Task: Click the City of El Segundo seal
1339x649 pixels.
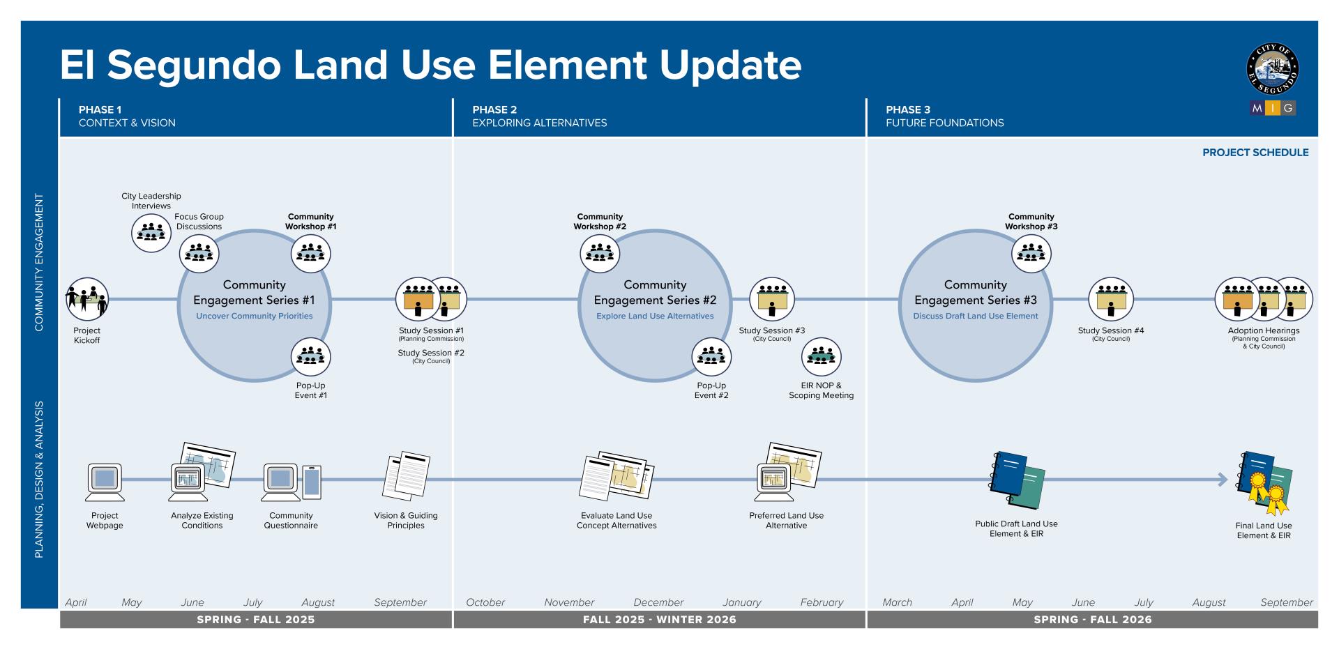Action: pos(1272,70)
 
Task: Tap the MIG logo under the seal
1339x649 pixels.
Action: pos(1272,108)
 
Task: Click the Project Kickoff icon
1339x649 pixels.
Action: pos(87,299)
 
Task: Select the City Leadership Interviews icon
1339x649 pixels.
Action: pos(151,233)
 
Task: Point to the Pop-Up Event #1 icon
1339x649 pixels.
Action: pos(310,357)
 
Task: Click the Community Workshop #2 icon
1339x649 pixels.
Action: pos(600,253)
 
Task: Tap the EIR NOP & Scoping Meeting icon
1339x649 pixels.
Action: pos(821,357)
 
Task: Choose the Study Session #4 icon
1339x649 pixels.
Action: pos(1110,299)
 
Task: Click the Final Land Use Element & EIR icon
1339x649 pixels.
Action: pos(1264,482)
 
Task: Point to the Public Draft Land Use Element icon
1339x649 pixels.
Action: pos(1017,480)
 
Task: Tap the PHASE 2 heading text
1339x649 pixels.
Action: pos(494,109)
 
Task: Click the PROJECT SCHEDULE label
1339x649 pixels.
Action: pos(1255,153)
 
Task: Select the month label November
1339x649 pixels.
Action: pos(569,602)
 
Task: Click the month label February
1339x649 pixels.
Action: pos(822,602)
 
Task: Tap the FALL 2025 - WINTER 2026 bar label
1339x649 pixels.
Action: pos(659,620)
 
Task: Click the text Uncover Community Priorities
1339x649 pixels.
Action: pos(254,316)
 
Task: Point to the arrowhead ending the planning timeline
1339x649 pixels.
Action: pos(1223,480)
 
